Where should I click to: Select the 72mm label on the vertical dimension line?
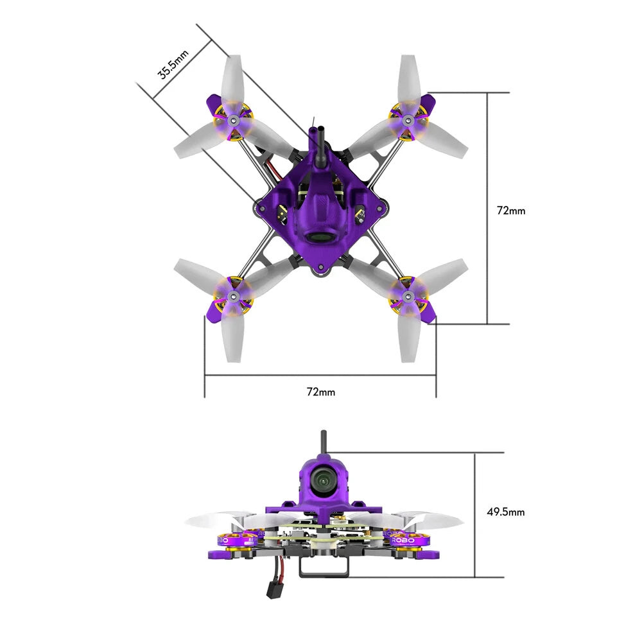click(x=511, y=210)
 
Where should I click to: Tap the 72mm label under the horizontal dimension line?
click(x=320, y=391)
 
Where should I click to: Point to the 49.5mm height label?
click(x=506, y=512)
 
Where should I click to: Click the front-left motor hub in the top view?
click(x=233, y=120)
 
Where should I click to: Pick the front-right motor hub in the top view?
click(x=408, y=119)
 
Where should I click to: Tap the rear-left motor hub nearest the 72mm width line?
click(x=234, y=295)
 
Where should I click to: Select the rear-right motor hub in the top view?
click(x=408, y=296)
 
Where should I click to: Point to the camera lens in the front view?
click(x=320, y=479)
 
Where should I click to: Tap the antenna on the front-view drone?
click(x=322, y=442)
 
